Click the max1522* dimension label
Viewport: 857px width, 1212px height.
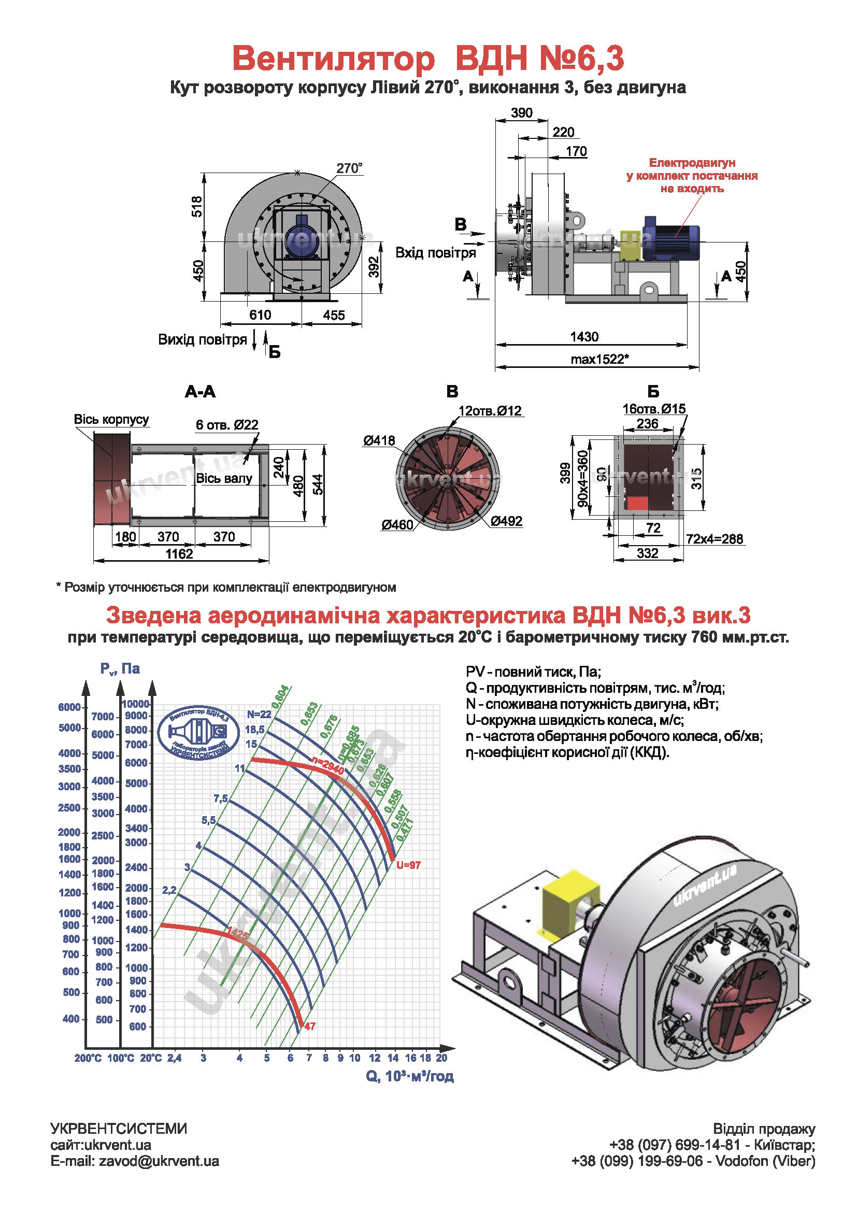pyautogui.click(x=599, y=360)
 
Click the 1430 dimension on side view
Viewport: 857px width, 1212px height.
pyautogui.click(x=584, y=337)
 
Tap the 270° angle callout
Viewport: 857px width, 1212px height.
pyautogui.click(x=349, y=168)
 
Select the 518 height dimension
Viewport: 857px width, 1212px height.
pyautogui.click(x=196, y=206)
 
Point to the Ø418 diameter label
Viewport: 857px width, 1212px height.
pyautogui.click(x=379, y=440)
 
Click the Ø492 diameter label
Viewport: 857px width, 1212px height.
pyautogui.click(x=506, y=521)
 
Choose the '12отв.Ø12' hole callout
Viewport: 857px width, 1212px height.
pyautogui.click(x=490, y=411)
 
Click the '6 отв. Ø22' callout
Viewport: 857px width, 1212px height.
pyautogui.click(x=227, y=424)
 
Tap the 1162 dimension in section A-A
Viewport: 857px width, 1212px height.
pyautogui.click(x=179, y=554)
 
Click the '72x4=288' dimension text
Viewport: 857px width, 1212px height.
pyautogui.click(x=715, y=539)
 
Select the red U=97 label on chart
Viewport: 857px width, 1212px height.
pyautogui.click(x=408, y=865)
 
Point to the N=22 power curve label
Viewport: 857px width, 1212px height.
pyautogui.click(x=259, y=714)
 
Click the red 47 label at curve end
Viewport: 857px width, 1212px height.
pyautogui.click(x=310, y=1026)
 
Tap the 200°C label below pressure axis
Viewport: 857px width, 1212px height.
pyautogui.click(x=88, y=1058)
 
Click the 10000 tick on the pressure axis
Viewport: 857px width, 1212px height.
pyautogui.click(x=136, y=704)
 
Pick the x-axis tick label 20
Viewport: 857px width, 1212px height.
pyautogui.click(x=441, y=1058)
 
